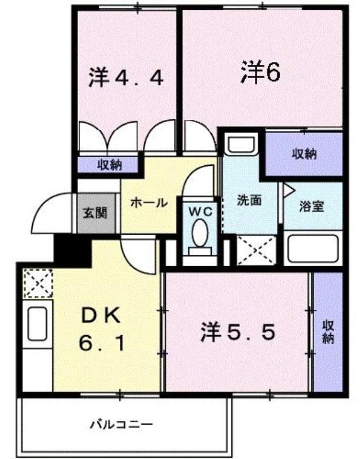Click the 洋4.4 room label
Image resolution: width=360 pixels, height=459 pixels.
click(x=126, y=77)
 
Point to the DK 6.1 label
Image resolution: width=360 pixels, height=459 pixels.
click(x=101, y=329)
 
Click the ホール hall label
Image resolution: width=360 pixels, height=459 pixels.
click(x=149, y=203)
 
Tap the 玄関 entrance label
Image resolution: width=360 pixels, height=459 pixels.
click(x=95, y=213)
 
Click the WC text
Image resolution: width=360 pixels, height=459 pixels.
click(x=200, y=211)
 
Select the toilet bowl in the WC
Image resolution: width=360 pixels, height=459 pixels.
click(x=200, y=234)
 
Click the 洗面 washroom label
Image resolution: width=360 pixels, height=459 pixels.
click(x=249, y=200)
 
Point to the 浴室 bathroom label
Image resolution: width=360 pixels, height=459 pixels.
click(x=312, y=206)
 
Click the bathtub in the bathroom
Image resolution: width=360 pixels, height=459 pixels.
click(x=313, y=248)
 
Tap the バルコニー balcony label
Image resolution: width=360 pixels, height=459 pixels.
click(x=121, y=424)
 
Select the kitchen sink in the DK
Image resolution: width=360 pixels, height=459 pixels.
click(x=37, y=324)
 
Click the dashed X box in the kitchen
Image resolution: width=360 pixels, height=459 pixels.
click(x=38, y=283)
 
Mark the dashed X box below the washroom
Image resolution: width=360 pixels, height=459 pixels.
click(x=257, y=251)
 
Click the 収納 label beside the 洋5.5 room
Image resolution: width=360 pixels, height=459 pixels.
click(x=328, y=333)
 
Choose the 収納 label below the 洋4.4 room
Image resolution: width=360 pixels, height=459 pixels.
click(x=110, y=166)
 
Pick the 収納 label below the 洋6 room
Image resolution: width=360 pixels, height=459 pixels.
click(x=304, y=154)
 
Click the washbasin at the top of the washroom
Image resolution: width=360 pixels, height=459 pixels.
click(x=243, y=144)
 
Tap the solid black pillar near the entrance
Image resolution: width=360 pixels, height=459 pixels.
click(x=72, y=251)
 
